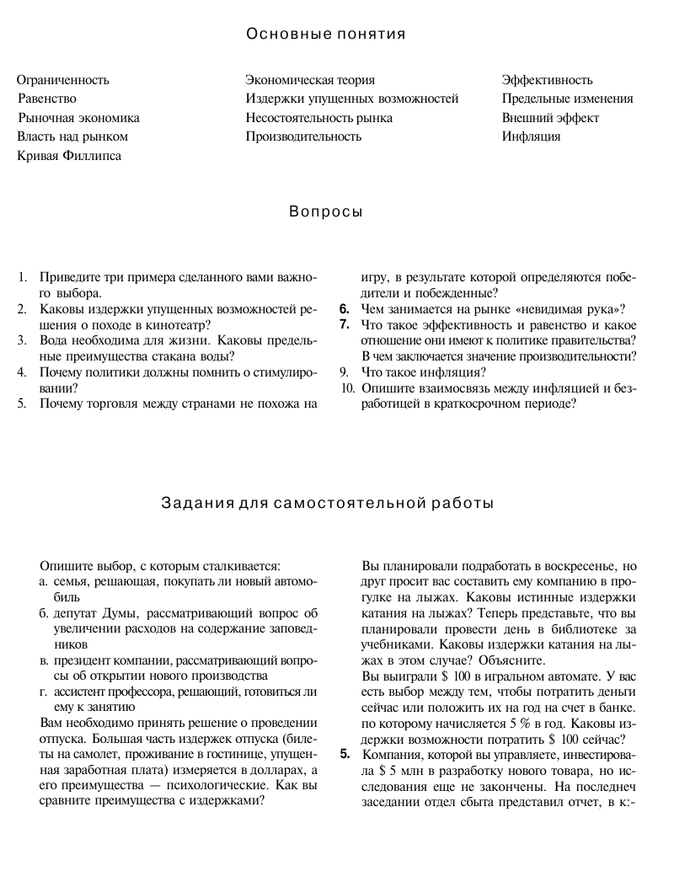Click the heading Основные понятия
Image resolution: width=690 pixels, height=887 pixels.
coord(326,35)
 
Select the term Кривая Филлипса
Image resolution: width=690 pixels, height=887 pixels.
coord(69,155)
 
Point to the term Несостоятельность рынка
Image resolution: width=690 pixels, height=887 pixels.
coord(319,118)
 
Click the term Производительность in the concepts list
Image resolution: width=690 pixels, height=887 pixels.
coord(303,136)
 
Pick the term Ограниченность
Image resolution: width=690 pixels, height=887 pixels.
coord(63,81)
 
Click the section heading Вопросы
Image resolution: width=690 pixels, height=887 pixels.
coord(326,212)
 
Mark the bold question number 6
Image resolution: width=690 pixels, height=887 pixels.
coord(345,309)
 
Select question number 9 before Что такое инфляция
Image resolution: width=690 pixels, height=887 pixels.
coord(344,372)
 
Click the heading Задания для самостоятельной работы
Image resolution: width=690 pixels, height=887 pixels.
coord(327,504)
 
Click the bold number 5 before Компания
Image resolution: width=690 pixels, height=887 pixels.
coord(345,754)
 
